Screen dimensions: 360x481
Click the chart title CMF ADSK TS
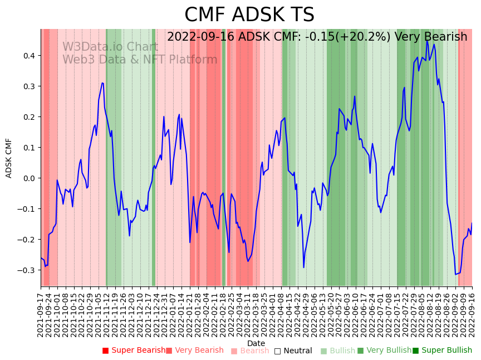249,15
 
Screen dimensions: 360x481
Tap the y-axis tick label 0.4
28,56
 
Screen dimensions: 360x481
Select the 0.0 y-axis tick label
28,178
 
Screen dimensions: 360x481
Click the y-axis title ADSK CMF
9,158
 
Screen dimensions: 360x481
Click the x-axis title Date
256,343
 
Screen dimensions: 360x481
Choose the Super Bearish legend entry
134,351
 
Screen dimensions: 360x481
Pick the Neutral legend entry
293,351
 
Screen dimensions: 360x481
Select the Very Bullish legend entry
384,351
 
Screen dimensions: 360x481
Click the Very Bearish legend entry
194,351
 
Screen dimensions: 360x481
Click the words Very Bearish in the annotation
431,37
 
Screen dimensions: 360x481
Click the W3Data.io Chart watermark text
110,47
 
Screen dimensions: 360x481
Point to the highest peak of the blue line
427,41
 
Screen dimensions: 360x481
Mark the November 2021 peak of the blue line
102,82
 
